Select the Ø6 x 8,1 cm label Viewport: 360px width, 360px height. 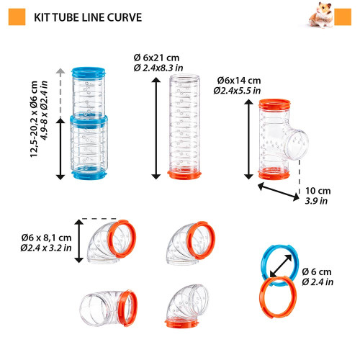pos(46,237)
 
